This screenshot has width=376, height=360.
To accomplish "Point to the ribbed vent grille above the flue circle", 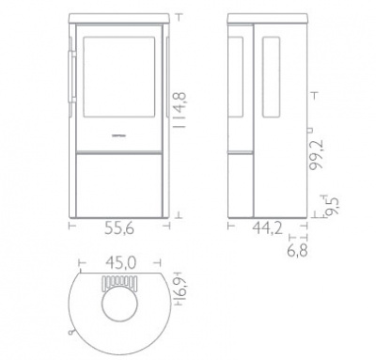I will [121, 284].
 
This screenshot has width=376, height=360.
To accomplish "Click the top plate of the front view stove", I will [121, 18].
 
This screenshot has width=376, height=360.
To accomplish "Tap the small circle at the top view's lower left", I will [70, 331].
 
